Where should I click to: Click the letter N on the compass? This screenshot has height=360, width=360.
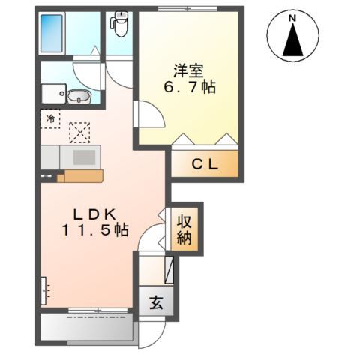(292, 18)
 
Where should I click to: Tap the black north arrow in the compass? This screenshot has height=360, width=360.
(293, 40)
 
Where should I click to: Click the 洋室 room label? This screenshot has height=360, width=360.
(188, 71)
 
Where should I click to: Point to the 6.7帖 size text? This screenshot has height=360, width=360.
(190, 87)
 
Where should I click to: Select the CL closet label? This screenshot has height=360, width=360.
(205, 164)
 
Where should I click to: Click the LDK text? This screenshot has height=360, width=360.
(94, 214)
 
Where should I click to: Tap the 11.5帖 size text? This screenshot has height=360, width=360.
(95, 229)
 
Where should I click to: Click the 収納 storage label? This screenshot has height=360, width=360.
(184, 229)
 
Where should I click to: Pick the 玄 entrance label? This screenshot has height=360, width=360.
(156, 303)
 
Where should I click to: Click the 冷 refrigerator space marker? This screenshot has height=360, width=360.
(50, 118)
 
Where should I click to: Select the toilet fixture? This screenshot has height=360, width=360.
(120, 24)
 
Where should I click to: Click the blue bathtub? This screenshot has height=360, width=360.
(52, 34)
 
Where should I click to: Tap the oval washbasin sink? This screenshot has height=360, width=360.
(79, 96)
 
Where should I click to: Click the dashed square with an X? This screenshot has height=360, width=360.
(79, 133)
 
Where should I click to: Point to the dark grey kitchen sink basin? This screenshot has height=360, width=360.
(84, 157)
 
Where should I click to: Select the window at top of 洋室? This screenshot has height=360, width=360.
(187, 9)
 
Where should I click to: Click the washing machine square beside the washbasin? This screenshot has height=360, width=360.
(54, 94)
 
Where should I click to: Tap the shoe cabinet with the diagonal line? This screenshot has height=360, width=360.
(169, 270)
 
